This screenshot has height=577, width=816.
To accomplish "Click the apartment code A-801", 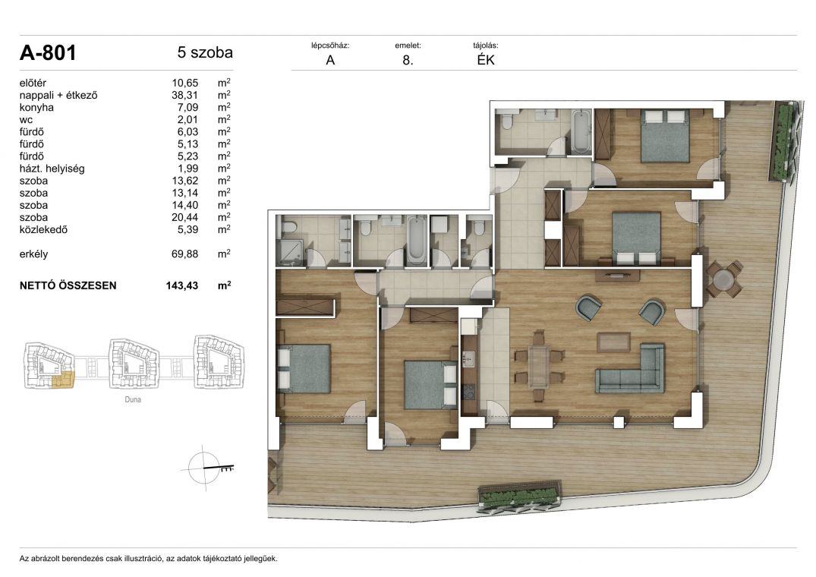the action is (x=48, y=53).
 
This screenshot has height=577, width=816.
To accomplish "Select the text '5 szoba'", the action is (x=205, y=52).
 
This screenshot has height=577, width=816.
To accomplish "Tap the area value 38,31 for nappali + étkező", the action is (x=184, y=95).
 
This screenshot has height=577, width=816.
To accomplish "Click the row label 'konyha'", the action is (x=36, y=108).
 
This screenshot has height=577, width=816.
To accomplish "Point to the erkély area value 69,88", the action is (x=184, y=254).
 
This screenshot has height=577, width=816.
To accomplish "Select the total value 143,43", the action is (x=182, y=285).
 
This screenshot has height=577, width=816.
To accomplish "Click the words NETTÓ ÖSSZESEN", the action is (x=68, y=285).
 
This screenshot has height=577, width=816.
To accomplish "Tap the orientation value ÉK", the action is (x=486, y=60).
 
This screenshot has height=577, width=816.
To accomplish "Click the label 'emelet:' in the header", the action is (x=408, y=46).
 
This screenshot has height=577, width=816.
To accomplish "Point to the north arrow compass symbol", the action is (x=206, y=468).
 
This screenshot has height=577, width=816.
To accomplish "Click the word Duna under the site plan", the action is (x=133, y=399).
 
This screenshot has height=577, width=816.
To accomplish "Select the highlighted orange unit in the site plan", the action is (x=64, y=380).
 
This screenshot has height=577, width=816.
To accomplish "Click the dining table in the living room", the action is (x=539, y=367).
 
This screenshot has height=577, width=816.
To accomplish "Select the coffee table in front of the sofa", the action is (x=613, y=342).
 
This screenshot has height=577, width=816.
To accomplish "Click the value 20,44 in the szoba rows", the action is (x=184, y=217).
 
